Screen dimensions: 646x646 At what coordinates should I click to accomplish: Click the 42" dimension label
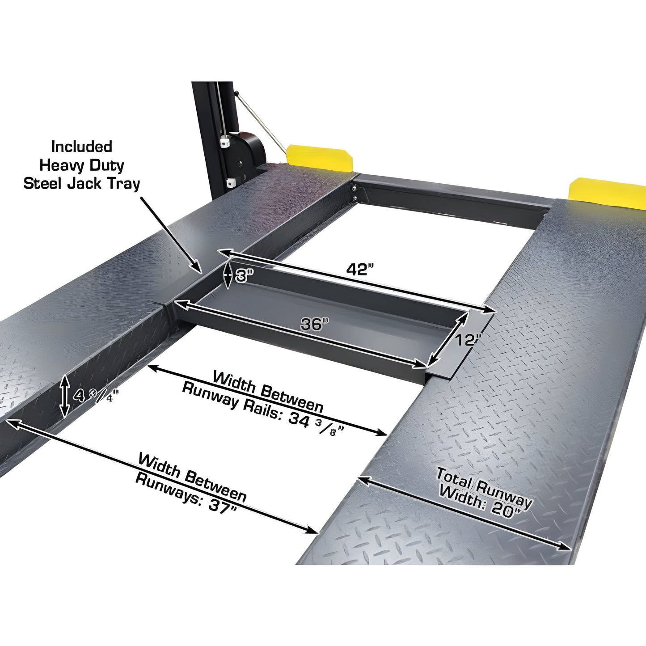pyautogui.click(x=359, y=269)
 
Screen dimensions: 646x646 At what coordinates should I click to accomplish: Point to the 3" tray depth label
pyautogui.click(x=244, y=276)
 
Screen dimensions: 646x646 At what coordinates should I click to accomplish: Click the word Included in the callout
pyautogui.click(x=81, y=147)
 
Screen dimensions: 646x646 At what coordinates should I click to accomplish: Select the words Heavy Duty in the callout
pyautogui.click(x=81, y=165)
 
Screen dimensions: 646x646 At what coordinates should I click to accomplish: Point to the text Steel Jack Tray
pyautogui.click(x=81, y=184)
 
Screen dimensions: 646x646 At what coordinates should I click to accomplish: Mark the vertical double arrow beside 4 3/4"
pyautogui.click(x=65, y=396)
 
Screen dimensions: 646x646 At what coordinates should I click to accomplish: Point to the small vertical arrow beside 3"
pyautogui.click(x=228, y=275)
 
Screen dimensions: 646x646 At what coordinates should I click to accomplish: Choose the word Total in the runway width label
pyautogui.click(x=454, y=477)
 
